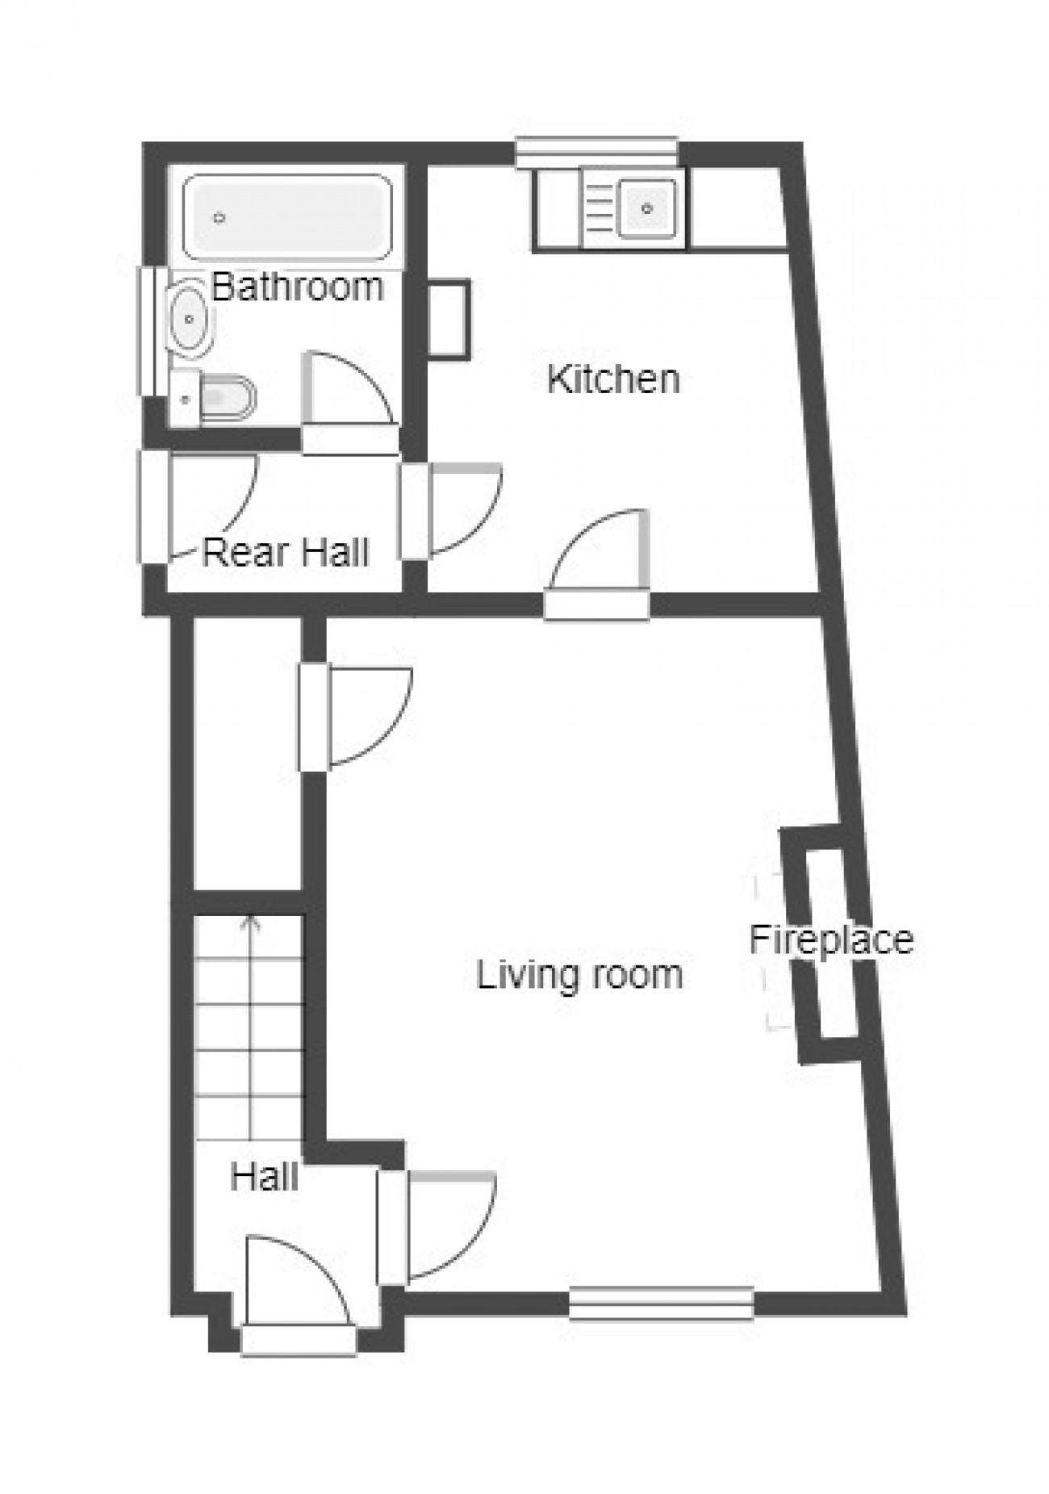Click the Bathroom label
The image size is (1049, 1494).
[297, 287]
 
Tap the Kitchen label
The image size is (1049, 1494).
[613, 379]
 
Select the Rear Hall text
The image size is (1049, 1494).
[285, 553]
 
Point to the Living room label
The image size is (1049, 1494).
[579, 974]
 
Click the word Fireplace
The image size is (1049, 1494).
[831, 940]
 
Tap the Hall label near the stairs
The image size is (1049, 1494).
[264, 1177]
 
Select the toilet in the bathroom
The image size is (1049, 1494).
[214, 398]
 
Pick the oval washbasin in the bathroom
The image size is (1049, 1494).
[190, 319]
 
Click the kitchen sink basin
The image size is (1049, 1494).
[647, 209]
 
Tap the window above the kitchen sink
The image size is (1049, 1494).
[596, 153]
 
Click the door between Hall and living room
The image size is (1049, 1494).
[437, 1228]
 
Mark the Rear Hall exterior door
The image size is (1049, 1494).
[198, 507]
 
